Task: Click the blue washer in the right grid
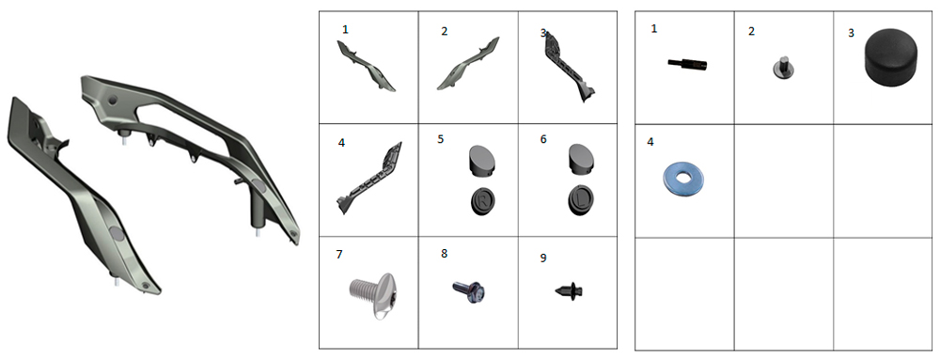683,178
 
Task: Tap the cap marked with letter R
483,200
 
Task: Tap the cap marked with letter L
581,199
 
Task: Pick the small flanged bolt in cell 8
469,290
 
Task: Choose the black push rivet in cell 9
571,291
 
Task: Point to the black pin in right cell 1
688,64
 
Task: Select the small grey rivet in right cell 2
782,67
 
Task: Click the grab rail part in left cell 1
366,66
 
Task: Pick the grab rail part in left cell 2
468,64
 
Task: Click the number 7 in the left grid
339,255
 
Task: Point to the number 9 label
543,258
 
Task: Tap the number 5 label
441,139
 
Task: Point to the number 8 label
445,254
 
